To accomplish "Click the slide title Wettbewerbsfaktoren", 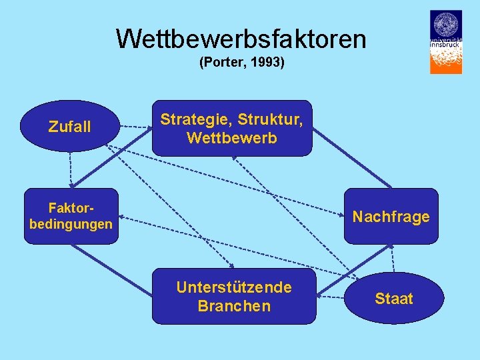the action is pyautogui.click(x=241, y=39).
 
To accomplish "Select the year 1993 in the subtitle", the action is pyautogui.click(x=267, y=63).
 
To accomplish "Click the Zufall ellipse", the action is pyautogui.click(x=70, y=126).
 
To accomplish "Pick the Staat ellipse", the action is pyautogui.click(x=393, y=299).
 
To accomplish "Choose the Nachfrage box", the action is pyautogui.click(x=391, y=217).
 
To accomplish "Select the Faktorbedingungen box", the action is pyautogui.click(x=71, y=217).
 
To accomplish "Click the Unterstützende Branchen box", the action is pyautogui.click(x=233, y=296).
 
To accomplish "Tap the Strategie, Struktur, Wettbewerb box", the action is pyautogui.click(x=231, y=129).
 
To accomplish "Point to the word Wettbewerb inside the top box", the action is pyautogui.click(x=231, y=139).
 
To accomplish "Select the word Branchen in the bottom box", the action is pyautogui.click(x=233, y=306).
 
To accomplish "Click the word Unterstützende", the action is pyautogui.click(x=233, y=287).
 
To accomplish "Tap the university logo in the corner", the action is pyautogui.click(x=445, y=41).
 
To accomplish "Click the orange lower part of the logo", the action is pyautogui.click(x=445, y=60).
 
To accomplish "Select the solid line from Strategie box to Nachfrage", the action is pyautogui.click(x=351, y=159).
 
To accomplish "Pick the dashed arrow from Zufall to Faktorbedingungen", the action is pyautogui.click(x=69, y=167).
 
